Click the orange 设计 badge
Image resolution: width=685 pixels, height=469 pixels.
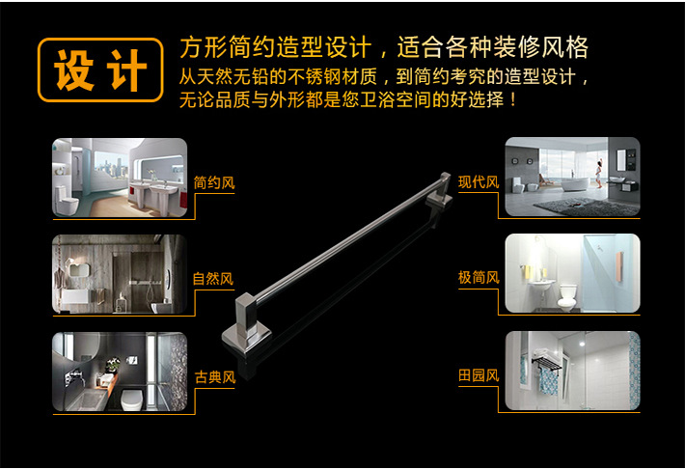tap(100, 69)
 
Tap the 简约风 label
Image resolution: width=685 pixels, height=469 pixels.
tap(214, 182)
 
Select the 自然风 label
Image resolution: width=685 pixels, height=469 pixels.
tap(213, 279)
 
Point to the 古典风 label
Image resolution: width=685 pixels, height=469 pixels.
tap(215, 376)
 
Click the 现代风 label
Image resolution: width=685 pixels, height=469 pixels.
tap(479, 181)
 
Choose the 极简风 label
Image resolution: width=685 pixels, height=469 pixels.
tap(479, 278)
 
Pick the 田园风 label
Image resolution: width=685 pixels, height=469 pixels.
tap(479, 375)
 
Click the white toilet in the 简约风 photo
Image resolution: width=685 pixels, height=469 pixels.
tap(67, 200)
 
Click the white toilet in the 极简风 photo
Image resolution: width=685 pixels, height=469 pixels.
tap(567, 297)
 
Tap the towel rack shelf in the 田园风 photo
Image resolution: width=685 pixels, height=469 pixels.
tap(546, 363)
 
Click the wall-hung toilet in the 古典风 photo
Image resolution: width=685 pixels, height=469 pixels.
tap(132, 400)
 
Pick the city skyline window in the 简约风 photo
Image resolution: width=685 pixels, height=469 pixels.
tap(111, 164)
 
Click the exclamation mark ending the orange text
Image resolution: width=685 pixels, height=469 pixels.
tap(513, 100)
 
